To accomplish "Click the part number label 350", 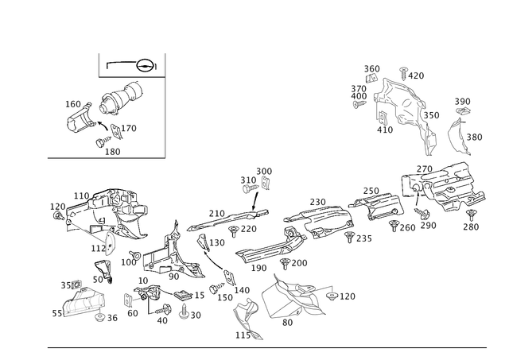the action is [x=431, y=115].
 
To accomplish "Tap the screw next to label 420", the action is [x=403, y=74].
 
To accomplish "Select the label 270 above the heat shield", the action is [x=424, y=169].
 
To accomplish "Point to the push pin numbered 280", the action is [x=471, y=215].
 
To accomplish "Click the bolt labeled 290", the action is [x=422, y=213].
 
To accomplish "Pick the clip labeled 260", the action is [x=394, y=226].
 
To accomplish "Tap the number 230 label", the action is [x=317, y=202].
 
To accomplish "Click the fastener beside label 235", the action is [x=349, y=237].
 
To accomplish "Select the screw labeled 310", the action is [x=251, y=188].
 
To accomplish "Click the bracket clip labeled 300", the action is [x=266, y=184].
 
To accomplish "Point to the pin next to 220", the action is [x=233, y=231].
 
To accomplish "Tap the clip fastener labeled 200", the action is [x=285, y=264].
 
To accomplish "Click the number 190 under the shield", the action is [x=258, y=268].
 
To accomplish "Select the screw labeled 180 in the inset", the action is [x=103, y=141].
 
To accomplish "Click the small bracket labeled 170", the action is [x=116, y=132].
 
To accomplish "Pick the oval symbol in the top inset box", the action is [x=145, y=66].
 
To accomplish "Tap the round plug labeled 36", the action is [x=99, y=317].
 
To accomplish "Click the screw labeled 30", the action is [x=184, y=311].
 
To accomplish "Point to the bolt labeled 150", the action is [x=217, y=288].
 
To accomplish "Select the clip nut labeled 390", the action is [x=463, y=111].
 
